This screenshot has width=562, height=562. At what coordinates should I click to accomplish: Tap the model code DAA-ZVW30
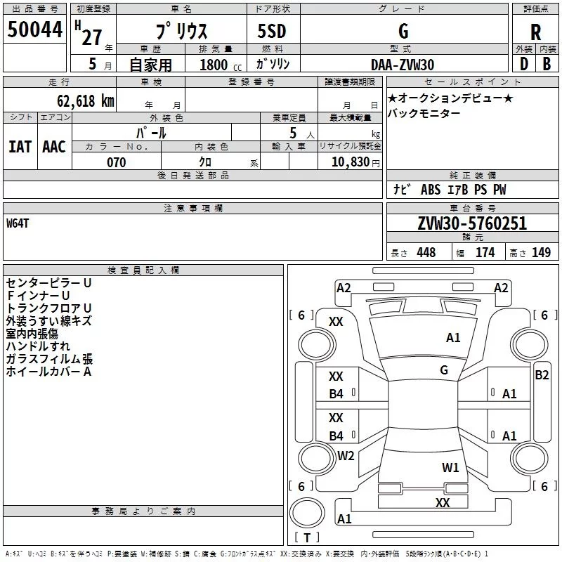[403, 64]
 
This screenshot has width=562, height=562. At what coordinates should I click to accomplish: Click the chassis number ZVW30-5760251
[471, 223]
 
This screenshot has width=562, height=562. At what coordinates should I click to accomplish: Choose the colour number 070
[116, 162]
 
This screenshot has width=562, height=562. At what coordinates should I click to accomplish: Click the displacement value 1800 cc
[220, 65]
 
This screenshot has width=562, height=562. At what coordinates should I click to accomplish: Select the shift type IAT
[20, 147]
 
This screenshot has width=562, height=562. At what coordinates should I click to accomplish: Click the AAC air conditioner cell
[54, 147]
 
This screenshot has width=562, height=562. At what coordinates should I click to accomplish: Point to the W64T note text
[19, 223]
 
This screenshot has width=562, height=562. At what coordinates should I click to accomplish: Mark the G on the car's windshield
[444, 370]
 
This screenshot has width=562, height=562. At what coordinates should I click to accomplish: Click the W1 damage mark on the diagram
[450, 467]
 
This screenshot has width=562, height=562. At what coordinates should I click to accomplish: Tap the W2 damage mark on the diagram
[346, 456]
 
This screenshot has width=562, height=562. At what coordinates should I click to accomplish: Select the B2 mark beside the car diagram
[542, 374]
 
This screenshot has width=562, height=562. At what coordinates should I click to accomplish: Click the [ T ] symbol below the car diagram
[306, 537]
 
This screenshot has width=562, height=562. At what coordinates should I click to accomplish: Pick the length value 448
[426, 253]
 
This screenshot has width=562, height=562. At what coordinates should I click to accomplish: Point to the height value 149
[541, 253]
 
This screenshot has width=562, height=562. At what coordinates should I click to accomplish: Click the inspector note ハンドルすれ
[38, 346]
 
